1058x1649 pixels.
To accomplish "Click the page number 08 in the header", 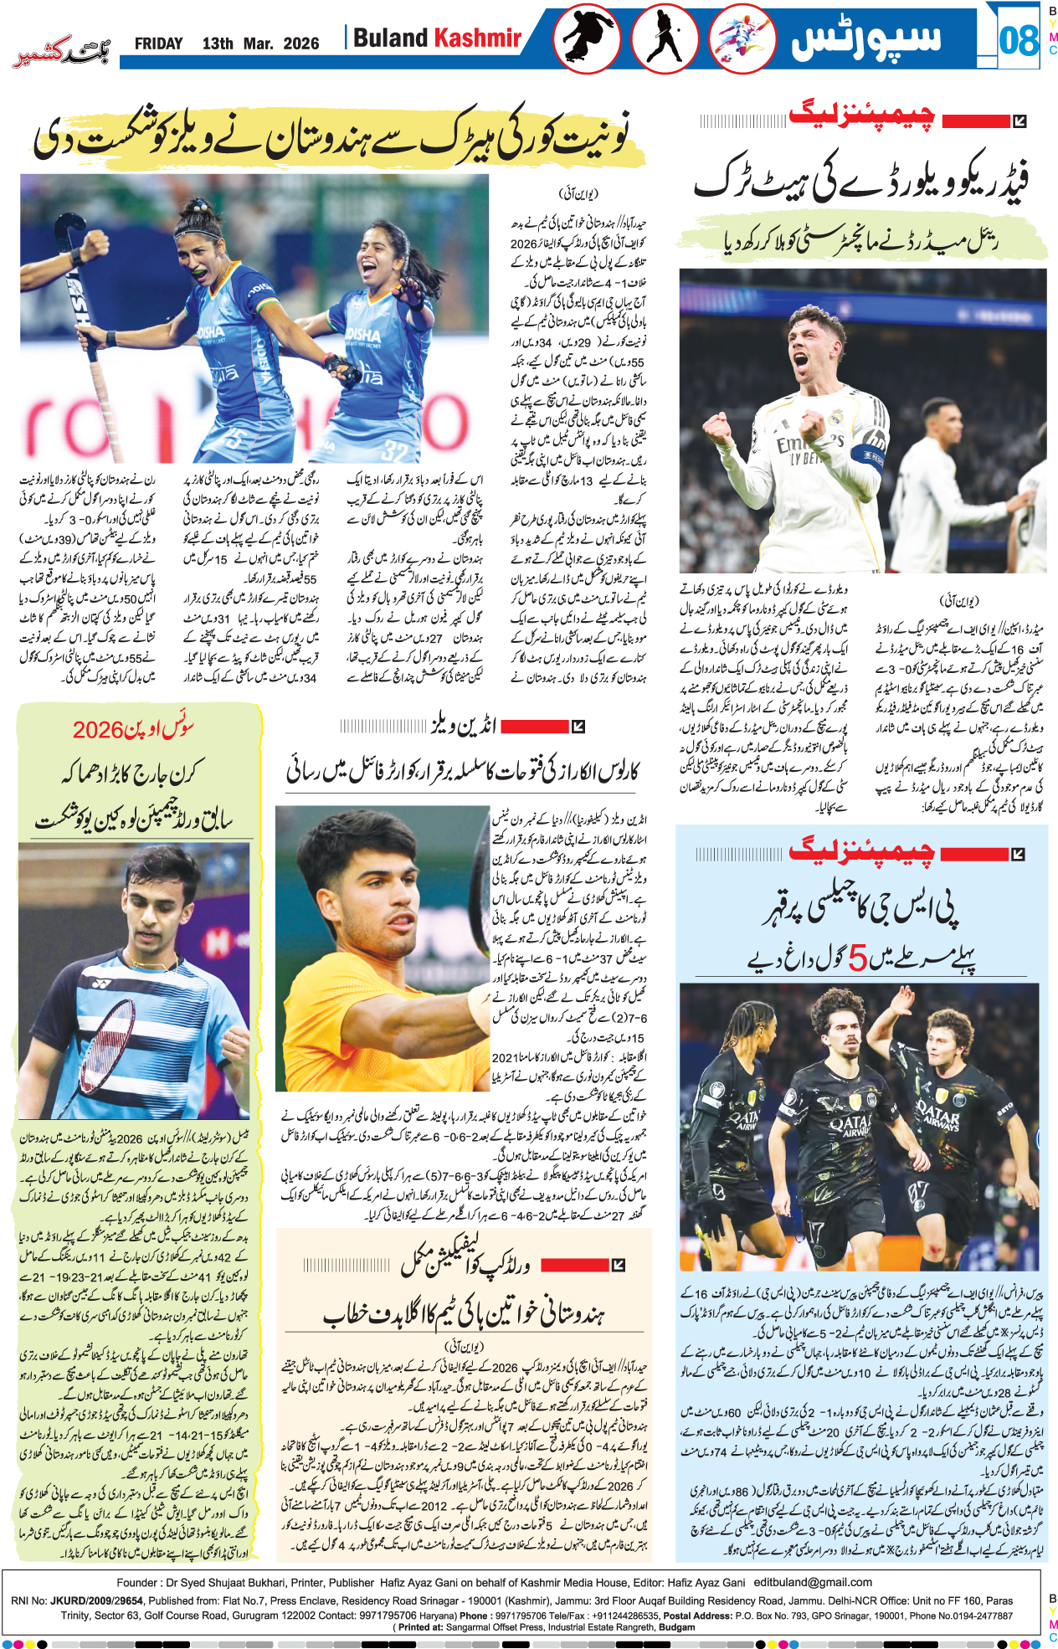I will [x=1019, y=39].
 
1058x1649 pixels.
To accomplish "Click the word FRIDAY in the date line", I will [x=158, y=44].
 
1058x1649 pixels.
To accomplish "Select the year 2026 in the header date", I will [x=300, y=44].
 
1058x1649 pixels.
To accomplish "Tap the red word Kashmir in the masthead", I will [x=477, y=38].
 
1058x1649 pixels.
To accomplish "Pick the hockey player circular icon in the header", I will [x=665, y=39].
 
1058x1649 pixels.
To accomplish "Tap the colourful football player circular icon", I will [x=742, y=39].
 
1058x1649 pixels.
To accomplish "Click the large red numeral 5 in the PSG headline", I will [x=857, y=958].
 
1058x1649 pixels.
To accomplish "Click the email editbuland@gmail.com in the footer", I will [x=812, y=1582].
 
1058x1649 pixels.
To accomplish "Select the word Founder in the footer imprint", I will [x=137, y=1582].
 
